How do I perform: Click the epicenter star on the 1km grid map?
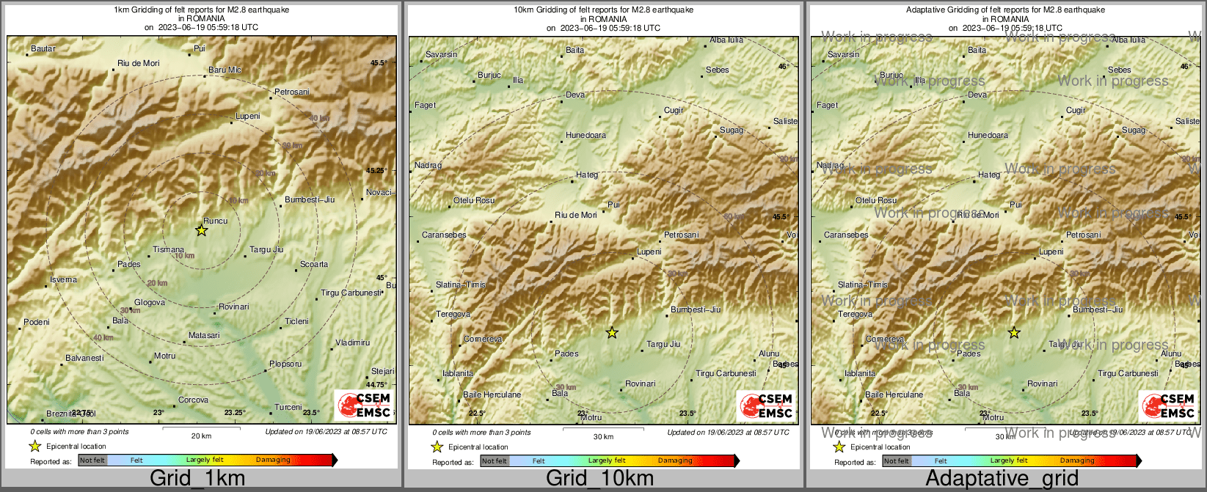coord(201,230)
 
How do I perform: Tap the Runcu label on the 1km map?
coord(216,221)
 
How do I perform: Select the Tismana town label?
coord(169,250)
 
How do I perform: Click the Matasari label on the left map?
coord(204,335)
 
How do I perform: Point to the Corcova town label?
coord(194,400)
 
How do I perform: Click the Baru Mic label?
coord(225,70)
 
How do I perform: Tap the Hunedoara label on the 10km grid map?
coord(586,136)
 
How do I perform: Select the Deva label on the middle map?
coord(575,95)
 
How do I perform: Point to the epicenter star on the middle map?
coord(612,333)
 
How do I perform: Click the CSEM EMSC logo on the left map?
coord(365,405)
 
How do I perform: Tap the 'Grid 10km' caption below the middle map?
coord(599,479)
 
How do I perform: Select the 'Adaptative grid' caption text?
coord(1002,479)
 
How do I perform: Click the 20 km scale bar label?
coord(201,436)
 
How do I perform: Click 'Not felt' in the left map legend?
coord(92,460)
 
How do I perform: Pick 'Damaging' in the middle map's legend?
coord(675,460)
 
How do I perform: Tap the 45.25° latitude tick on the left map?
coord(376,170)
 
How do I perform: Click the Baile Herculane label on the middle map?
coord(492,394)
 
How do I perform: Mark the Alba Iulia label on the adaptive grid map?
coord(1128,40)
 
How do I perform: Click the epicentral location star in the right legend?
coord(839,447)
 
